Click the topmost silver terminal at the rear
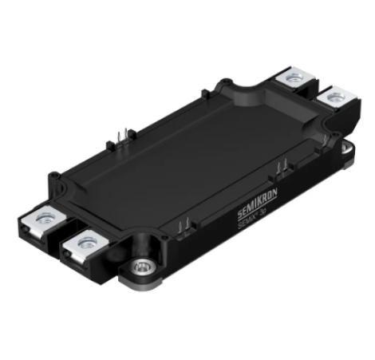coord(295,77)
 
